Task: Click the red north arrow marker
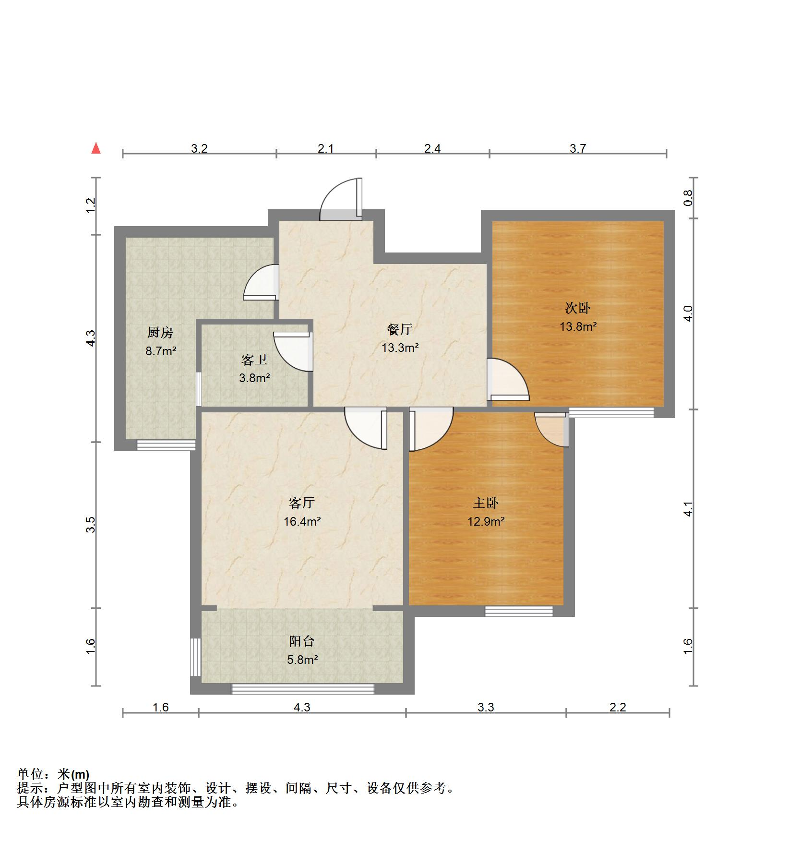[96, 148]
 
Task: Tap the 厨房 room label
[160, 332]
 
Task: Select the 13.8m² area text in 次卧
[578, 326]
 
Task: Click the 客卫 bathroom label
[254, 360]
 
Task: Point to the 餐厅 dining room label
[400, 329]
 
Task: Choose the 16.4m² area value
[302, 521]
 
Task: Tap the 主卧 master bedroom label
[486, 503]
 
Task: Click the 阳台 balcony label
[302, 641]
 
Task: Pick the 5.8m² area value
[302, 660]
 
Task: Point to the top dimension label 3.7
[578, 148]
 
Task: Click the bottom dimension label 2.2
[618, 707]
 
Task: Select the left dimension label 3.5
[91, 525]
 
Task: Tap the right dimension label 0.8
[688, 198]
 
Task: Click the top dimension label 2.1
[326, 148]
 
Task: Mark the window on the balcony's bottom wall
[303, 689]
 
